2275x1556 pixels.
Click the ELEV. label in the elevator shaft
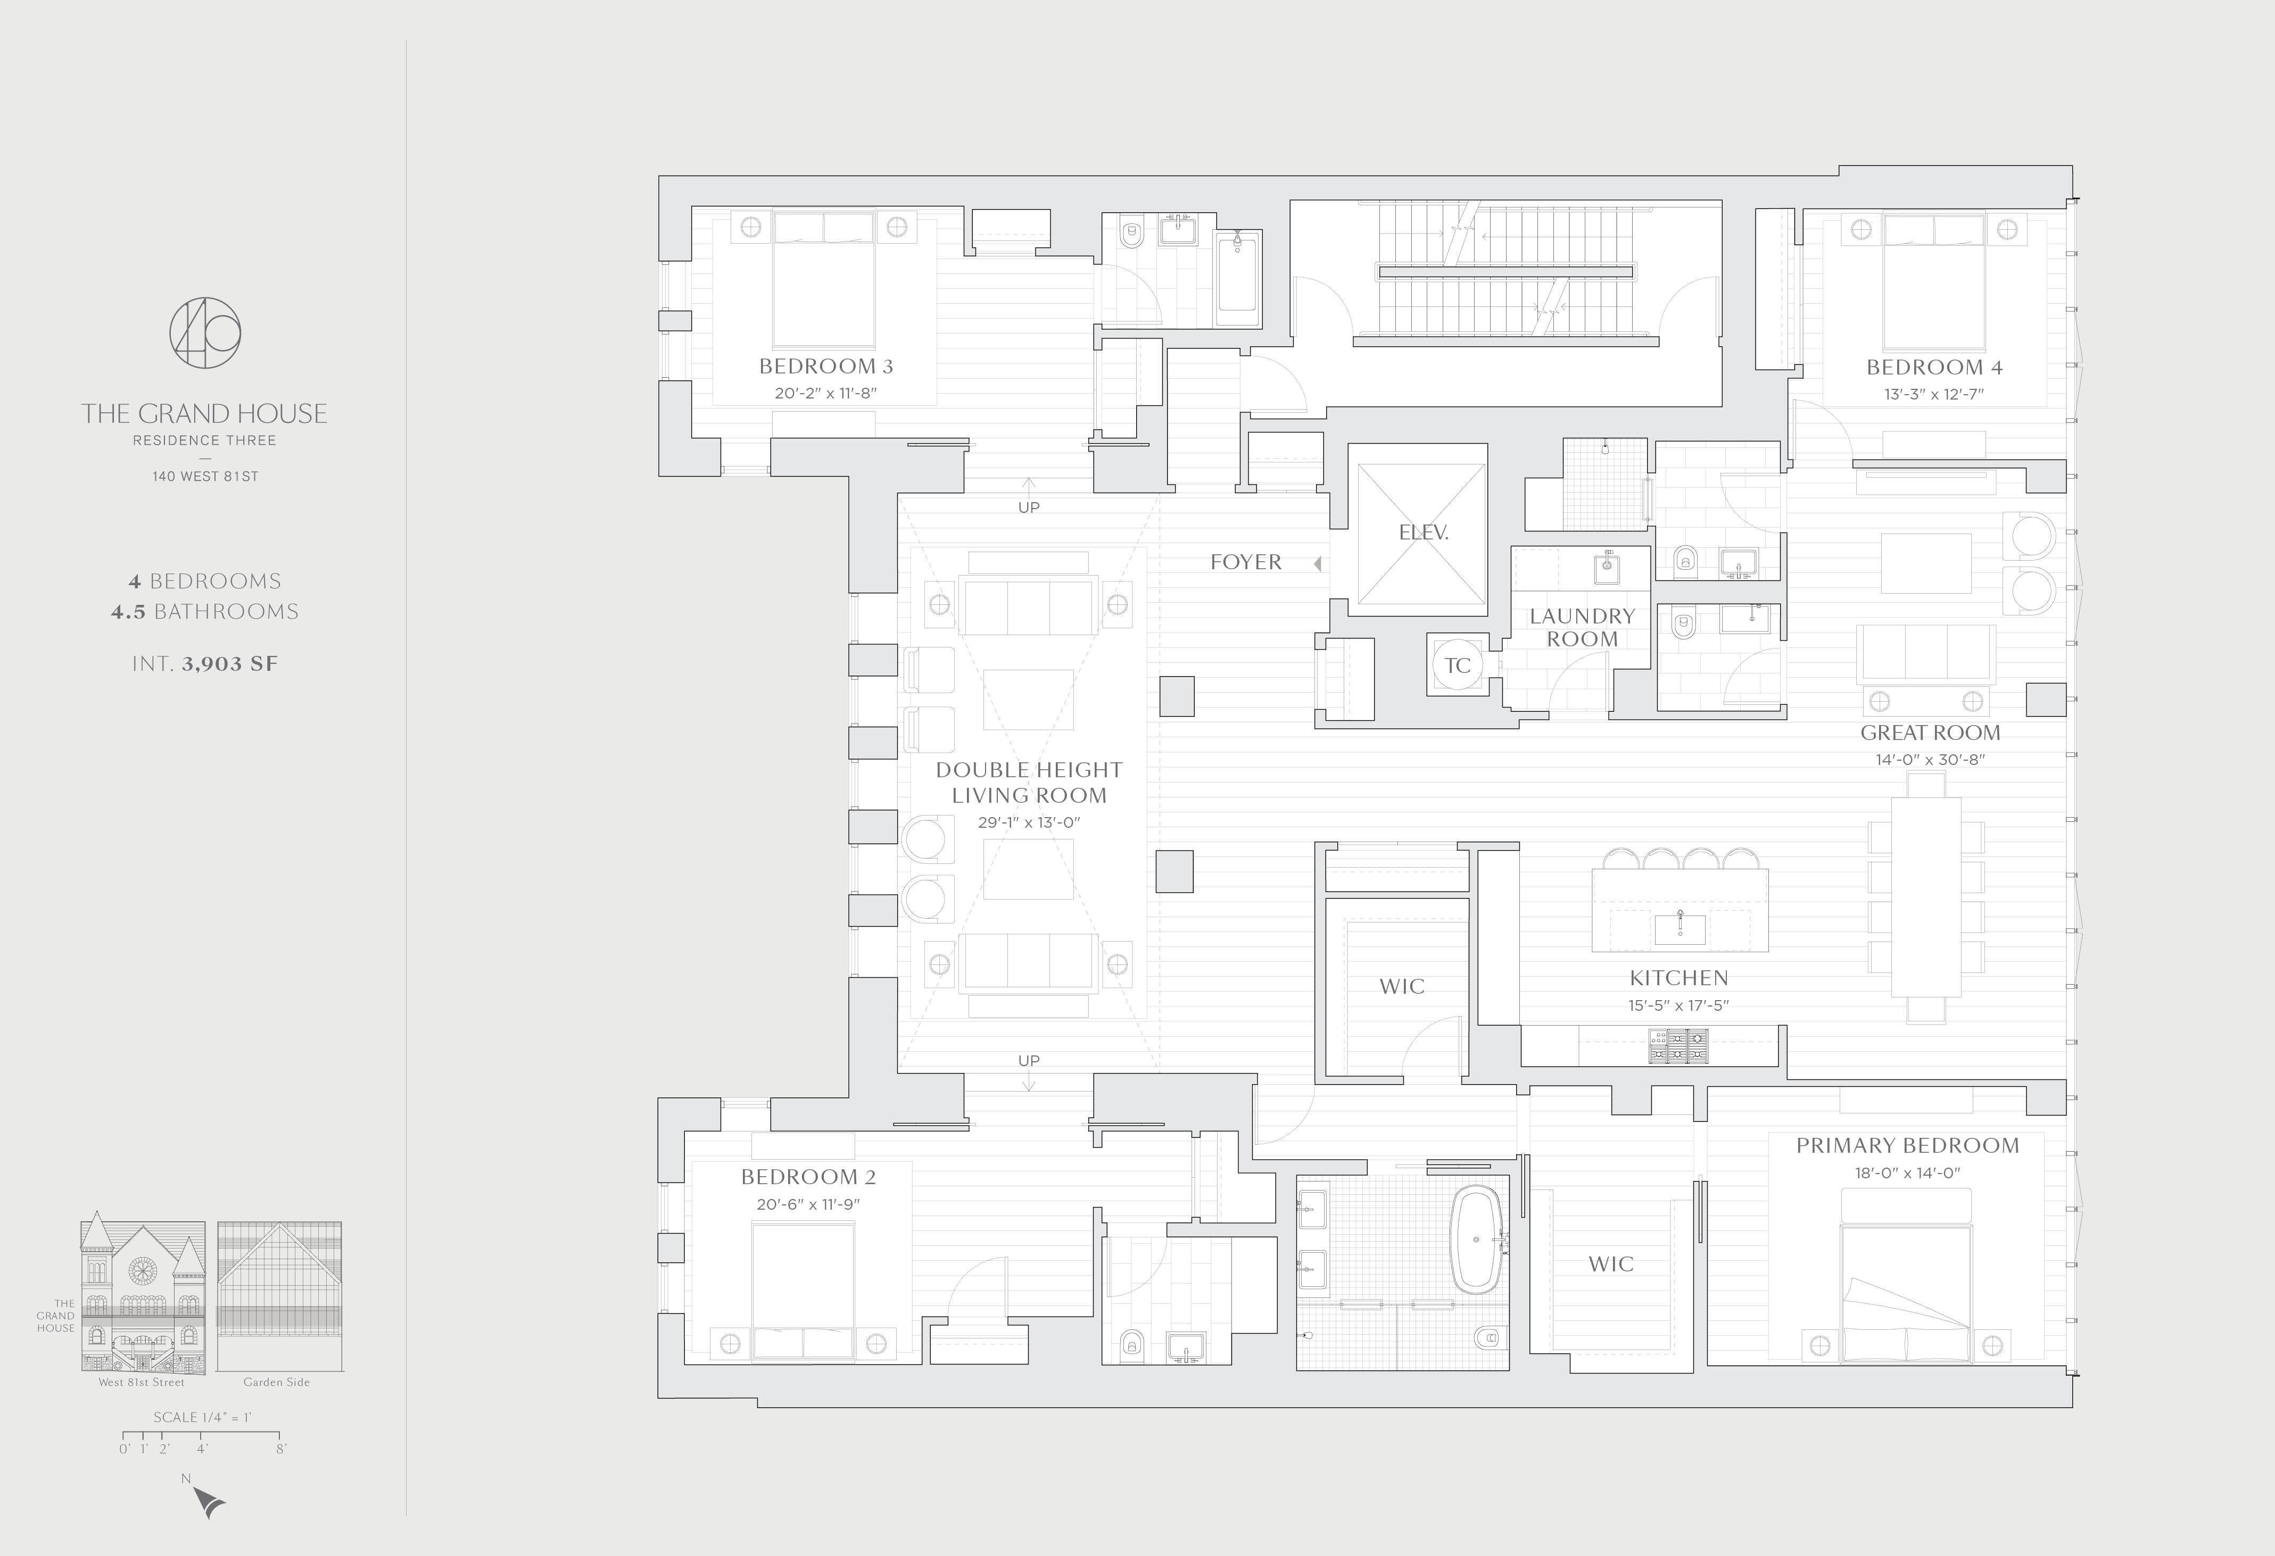[x=1424, y=532]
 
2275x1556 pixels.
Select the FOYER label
[x=1245, y=562]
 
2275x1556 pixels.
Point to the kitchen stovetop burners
[x=1679, y=1045]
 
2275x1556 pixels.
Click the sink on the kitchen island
[x=1680, y=928]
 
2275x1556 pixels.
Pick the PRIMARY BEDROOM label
[x=1907, y=1145]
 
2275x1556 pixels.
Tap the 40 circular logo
[x=204, y=332]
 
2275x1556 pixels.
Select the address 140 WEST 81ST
[x=204, y=477]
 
